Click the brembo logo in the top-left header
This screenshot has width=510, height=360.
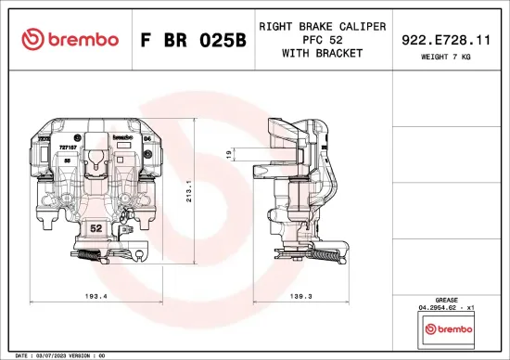pyautogui.click(x=70, y=39)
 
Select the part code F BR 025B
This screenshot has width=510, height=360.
pyautogui.click(x=193, y=40)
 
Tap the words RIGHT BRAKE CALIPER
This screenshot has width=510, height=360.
pyautogui.click(x=322, y=26)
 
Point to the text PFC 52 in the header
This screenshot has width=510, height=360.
pyautogui.click(x=322, y=40)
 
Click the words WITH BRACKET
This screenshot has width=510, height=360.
pyautogui.click(x=322, y=54)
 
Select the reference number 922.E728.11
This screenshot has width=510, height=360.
pyautogui.click(x=445, y=40)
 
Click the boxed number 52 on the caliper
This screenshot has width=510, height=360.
pyautogui.click(x=96, y=226)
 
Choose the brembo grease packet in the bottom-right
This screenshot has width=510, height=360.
pyautogui.click(x=445, y=328)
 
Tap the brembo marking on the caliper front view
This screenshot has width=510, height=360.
pyautogui.click(x=122, y=136)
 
